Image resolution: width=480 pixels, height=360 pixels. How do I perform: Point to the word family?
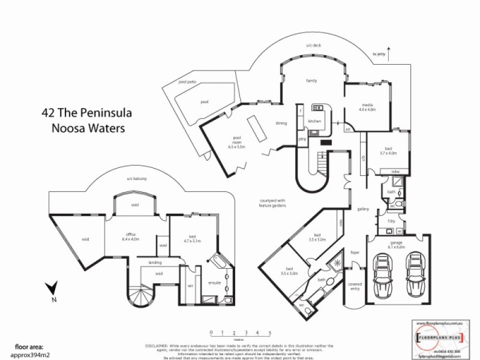click(311, 80)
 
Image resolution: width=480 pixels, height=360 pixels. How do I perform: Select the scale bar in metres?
click(240, 334)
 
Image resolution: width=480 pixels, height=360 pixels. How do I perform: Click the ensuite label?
click(214, 282)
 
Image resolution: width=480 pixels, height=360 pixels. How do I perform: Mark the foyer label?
click(353, 253)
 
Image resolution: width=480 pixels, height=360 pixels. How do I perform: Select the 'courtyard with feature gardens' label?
click(272, 203)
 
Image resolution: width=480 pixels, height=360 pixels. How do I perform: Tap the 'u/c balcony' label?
click(137, 179)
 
